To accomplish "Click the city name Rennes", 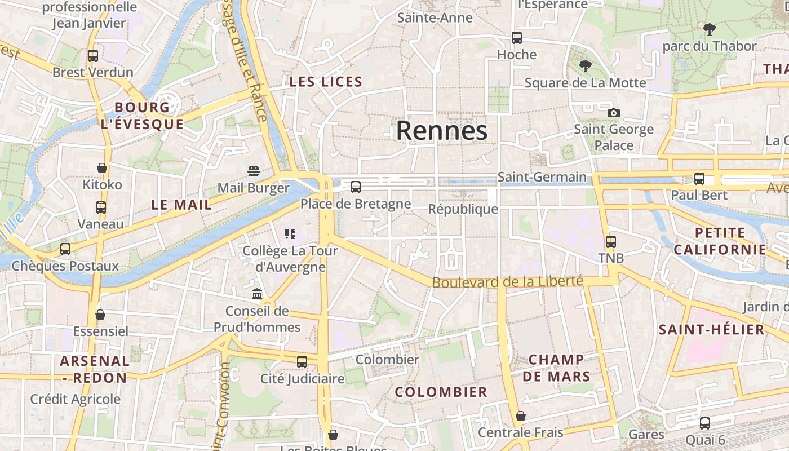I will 441,131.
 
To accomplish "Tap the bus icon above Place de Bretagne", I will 355,187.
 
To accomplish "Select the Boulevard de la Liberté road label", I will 507,281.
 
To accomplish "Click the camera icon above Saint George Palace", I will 614,113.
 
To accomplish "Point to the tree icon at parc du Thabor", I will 709,29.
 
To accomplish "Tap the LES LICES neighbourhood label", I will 326,82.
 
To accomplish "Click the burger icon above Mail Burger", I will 253,171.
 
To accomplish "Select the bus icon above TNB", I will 611,242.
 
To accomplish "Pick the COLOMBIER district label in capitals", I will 441,392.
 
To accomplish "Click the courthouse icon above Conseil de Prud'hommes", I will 257,294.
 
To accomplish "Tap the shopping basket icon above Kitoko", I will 102,168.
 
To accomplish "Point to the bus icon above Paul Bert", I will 699,178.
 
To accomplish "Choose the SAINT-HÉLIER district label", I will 711,330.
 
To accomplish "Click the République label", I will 463,209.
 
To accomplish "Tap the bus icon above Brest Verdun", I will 93,56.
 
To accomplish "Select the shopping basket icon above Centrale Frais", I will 521,416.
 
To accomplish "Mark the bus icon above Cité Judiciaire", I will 302,361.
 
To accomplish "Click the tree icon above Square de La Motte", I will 586,66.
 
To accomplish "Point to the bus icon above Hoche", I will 517,38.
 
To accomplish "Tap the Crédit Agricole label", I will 76,399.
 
